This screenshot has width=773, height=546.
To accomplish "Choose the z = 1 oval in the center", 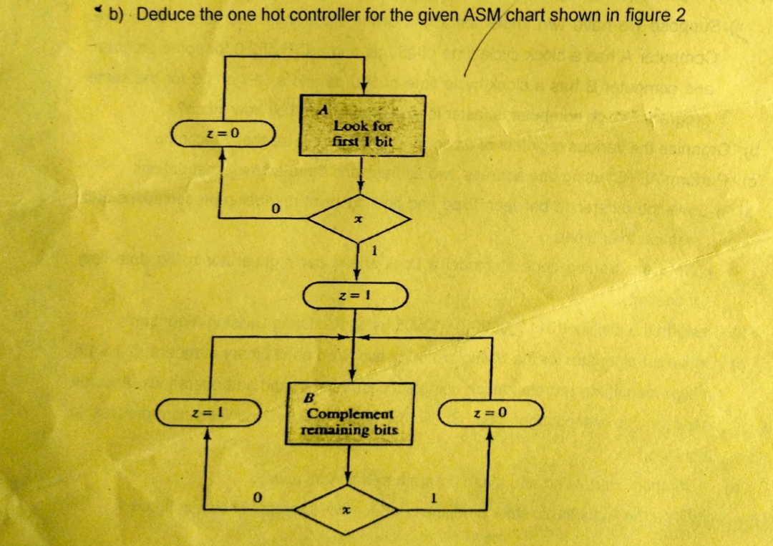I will [x=356, y=295].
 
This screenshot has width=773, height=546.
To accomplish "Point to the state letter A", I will [x=324, y=110].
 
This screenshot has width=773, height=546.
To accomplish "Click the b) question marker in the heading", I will [x=116, y=15].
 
